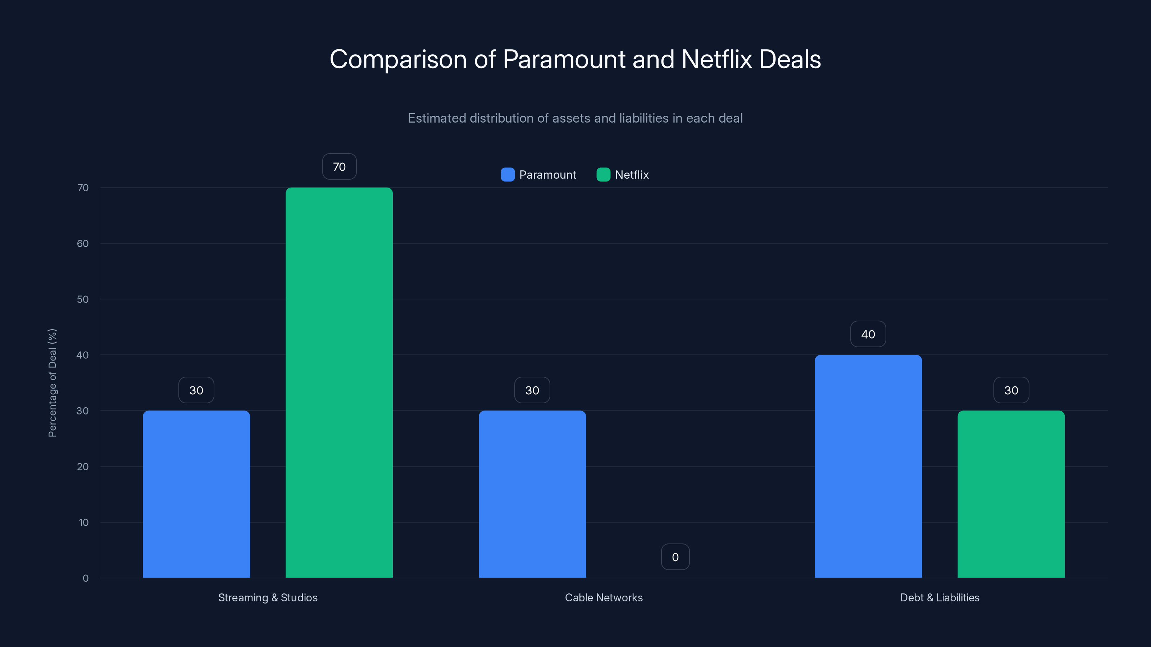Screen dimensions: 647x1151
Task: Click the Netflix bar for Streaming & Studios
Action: point(339,382)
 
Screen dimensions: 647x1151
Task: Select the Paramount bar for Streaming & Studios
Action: point(196,494)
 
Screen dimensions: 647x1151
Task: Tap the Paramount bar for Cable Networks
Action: point(532,494)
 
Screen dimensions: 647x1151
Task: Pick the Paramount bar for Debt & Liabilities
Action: point(868,466)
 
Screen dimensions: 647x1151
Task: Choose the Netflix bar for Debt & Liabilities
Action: point(1011,494)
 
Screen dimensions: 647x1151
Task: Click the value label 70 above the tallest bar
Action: point(339,166)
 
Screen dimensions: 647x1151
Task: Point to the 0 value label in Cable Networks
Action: point(675,557)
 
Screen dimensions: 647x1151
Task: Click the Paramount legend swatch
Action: point(508,175)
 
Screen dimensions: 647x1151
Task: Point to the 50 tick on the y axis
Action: point(83,299)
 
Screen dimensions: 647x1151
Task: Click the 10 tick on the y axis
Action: point(83,522)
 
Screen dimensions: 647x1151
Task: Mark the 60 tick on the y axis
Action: point(83,243)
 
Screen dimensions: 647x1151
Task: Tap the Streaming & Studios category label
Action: point(268,597)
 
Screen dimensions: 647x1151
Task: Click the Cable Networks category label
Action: point(604,597)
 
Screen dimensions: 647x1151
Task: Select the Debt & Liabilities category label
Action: point(940,597)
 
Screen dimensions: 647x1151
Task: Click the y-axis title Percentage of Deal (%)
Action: point(52,383)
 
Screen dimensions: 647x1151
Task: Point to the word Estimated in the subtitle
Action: point(437,118)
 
